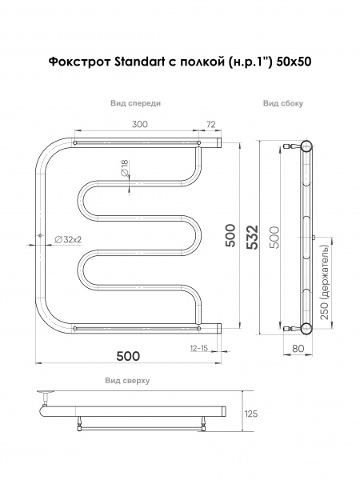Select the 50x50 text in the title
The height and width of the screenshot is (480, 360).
point(294,62)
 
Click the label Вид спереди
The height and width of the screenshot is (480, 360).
point(135,103)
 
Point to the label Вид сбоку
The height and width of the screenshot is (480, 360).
point(283,103)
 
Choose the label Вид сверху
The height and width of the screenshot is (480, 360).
point(127,381)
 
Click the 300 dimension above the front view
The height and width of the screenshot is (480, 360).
point(139,124)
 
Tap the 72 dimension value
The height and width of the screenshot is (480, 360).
point(211,124)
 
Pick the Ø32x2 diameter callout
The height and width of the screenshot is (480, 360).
point(68,240)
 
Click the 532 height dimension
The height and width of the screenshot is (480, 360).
point(253,238)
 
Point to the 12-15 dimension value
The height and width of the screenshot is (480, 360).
point(199,348)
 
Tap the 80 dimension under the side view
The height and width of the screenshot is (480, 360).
point(298,348)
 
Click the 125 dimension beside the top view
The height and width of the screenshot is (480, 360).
point(251,414)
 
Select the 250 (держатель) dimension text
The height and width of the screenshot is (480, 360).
point(325,282)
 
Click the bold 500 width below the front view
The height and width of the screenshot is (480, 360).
point(128,356)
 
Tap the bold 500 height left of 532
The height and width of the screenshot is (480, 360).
point(230,236)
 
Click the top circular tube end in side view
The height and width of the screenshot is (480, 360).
point(306,146)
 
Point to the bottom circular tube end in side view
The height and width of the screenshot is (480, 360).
point(306,328)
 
